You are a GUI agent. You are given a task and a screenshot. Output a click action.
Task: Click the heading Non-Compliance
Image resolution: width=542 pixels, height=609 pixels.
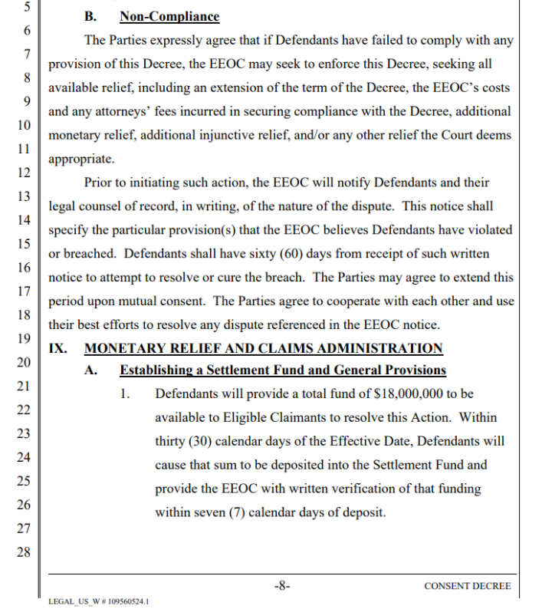pyautogui.click(x=169, y=16)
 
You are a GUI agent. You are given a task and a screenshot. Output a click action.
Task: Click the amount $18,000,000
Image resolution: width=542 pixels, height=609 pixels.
pyautogui.click(x=412, y=393)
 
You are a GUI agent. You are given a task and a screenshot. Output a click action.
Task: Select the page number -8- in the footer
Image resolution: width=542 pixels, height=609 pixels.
pyautogui.click(x=282, y=585)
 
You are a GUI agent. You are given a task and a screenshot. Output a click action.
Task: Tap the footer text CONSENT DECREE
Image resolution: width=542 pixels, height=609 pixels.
pyautogui.click(x=467, y=586)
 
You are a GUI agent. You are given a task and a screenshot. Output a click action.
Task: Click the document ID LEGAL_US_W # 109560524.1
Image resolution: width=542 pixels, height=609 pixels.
pyautogui.click(x=97, y=601)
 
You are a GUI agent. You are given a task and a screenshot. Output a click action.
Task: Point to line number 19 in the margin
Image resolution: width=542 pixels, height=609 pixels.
pyautogui.click(x=23, y=338)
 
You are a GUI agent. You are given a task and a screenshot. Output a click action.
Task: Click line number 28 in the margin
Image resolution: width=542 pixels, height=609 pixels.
pyautogui.click(x=23, y=551)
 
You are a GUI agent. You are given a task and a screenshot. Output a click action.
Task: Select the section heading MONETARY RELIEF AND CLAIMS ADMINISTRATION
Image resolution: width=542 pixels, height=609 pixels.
pyautogui.click(x=263, y=348)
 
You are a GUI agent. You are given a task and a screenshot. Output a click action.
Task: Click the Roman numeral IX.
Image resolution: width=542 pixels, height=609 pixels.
pyautogui.click(x=57, y=348)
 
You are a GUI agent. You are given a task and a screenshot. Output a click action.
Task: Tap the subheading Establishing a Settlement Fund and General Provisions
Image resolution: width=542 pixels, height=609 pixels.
pyautogui.click(x=282, y=370)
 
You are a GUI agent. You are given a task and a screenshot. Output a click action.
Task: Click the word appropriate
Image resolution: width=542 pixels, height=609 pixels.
pyautogui.click(x=80, y=160)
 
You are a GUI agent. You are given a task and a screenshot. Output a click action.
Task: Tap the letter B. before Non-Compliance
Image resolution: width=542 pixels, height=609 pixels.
pyautogui.click(x=90, y=16)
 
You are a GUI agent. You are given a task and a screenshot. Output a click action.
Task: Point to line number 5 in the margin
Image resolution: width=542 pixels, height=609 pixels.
pyautogui.click(x=23, y=7)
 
